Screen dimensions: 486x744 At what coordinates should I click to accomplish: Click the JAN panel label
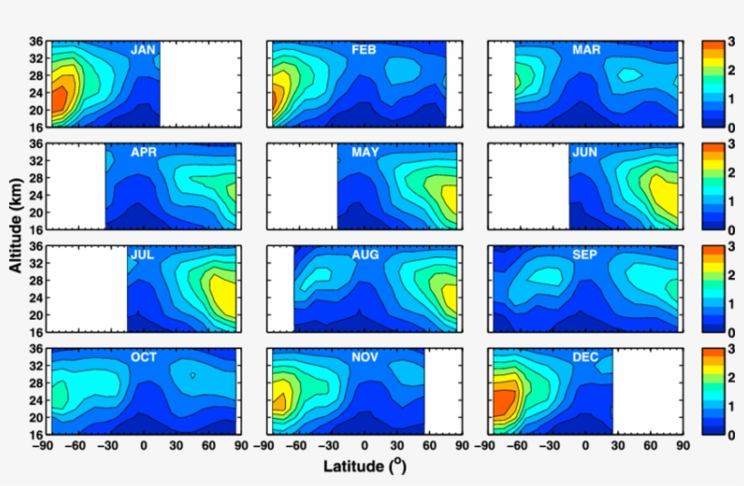tap(142, 50)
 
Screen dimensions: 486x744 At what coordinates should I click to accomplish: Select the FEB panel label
tap(364, 50)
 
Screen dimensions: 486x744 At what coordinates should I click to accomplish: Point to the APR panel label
tap(142, 153)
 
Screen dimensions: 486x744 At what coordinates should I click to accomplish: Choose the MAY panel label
tap(365, 153)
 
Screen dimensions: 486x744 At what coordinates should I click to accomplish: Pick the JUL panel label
tap(142, 255)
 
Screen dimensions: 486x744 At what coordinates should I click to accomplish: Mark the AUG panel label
tap(365, 255)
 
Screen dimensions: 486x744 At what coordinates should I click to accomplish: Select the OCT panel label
tap(143, 358)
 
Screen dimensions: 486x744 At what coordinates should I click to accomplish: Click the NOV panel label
tap(365, 358)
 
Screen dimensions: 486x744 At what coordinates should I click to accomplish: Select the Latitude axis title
tap(364, 467)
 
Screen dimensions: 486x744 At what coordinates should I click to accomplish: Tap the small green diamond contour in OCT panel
tap(192, 374)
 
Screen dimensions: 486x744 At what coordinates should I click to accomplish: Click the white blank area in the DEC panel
tap(647, 390)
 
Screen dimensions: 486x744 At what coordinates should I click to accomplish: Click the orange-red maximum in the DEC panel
tap(503, 401)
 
